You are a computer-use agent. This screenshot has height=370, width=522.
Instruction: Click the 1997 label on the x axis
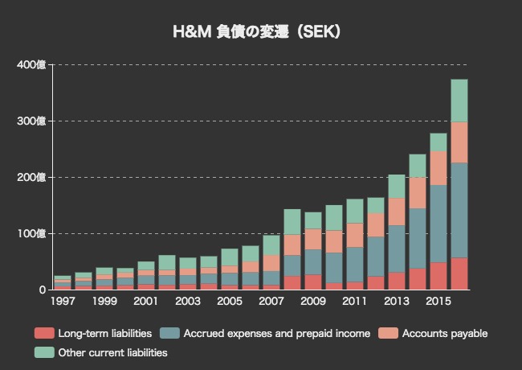[x=62, y=302]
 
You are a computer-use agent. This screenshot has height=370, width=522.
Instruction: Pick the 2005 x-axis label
[x=230, y=302]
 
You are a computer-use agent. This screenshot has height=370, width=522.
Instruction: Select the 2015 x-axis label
[x=438, y=302]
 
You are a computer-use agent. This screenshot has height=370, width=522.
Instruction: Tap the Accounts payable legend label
[x=443, y=333]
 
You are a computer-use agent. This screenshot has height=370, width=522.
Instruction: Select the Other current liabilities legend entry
[x=112, y=352]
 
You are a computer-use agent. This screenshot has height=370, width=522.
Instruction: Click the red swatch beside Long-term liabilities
[x=43, y=333]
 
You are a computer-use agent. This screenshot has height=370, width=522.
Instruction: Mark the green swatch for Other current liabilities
[x=43, y=352]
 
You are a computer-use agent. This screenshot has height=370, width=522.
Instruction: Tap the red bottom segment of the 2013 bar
[x=397, y=281]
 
